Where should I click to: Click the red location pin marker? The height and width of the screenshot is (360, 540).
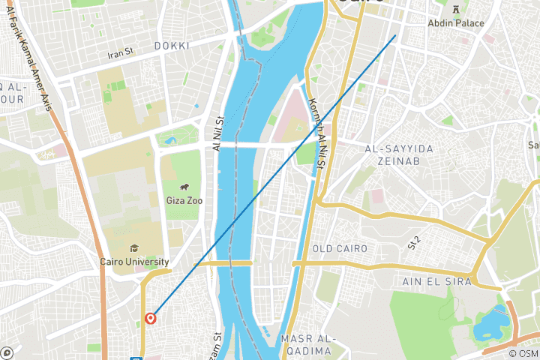(x=151, y=318)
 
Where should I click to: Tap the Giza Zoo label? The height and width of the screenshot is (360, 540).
(x=183, y=202)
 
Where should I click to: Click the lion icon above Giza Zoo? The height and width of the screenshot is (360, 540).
(x=184, y=187)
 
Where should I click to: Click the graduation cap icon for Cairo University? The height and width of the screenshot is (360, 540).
(x=133, y=248)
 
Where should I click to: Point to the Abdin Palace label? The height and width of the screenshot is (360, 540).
(x=456, y=23)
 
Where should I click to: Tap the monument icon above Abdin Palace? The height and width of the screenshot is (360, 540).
(x=456, y=8)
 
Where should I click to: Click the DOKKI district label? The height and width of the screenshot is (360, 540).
(x=172, y=46)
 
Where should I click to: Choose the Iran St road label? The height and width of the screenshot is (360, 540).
(x=120, y=53)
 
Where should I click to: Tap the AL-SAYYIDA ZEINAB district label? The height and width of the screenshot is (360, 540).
(x=399, y=155)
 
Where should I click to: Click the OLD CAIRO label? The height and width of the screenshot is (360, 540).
(x=340, y=248)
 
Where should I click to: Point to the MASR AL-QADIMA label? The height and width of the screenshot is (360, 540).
(x=306, y=345)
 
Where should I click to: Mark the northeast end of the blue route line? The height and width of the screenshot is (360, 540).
(x=395, y=34)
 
